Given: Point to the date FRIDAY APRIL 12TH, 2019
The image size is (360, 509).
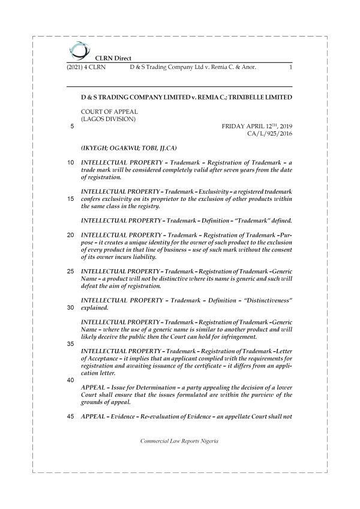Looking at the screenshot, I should [x=256, y=127].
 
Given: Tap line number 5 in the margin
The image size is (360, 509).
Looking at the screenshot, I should [x=72, y=127].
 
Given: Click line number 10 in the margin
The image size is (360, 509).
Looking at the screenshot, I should [x=71, y=163].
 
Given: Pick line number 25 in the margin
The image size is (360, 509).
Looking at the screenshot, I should [x=71, y=272].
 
